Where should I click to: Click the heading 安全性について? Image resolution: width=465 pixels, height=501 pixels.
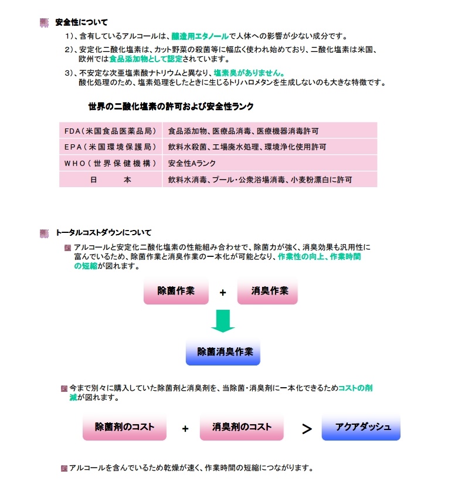82,22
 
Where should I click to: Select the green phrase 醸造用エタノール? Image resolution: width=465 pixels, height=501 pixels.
200,36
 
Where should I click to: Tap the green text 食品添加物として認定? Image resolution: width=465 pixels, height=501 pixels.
146,59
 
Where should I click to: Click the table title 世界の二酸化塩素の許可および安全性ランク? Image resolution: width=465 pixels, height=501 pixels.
171,106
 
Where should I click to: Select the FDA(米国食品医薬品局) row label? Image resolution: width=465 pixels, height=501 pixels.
110,131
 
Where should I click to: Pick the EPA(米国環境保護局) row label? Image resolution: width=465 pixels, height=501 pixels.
110,147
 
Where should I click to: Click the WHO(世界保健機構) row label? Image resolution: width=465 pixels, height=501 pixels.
110,163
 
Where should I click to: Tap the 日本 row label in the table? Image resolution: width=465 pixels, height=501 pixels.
110,180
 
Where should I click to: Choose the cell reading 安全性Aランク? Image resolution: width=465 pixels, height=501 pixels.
192,163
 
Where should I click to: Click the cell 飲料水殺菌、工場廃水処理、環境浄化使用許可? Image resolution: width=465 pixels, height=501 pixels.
247,147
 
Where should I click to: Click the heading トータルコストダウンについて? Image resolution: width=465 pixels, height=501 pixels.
103,232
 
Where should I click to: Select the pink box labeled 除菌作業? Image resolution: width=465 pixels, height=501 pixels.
176,291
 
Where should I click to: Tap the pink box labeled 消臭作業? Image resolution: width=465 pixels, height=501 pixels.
267,291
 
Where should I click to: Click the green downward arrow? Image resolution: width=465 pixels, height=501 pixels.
223,321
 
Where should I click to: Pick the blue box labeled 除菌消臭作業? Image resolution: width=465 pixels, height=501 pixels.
223,352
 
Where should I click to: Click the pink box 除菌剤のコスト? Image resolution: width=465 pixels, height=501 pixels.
124,427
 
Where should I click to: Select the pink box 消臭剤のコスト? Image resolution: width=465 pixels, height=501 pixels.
242,427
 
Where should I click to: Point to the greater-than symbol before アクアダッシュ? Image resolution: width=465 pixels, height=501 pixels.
307,429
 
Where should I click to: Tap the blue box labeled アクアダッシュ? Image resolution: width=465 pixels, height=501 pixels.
361,427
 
